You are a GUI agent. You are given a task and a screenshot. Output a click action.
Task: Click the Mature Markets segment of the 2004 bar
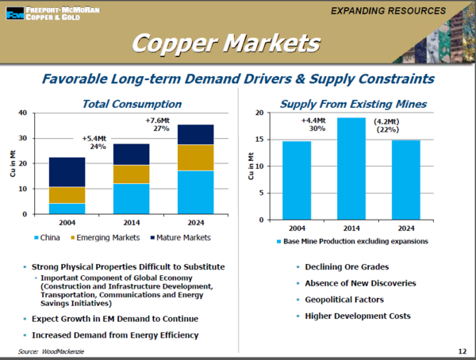67,172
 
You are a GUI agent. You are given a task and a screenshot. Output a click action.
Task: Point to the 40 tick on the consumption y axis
22,113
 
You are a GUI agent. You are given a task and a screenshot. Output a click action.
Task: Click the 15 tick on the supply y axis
260,140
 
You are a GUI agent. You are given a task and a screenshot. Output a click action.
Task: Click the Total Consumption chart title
132,104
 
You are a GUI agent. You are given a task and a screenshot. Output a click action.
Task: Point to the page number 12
463,350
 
